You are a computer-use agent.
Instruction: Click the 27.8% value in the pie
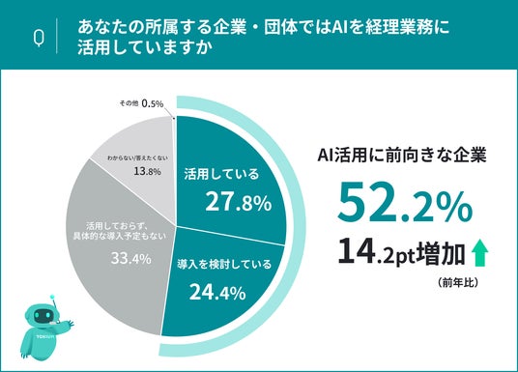point(239,202)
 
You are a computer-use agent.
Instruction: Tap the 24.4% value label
point(217,293)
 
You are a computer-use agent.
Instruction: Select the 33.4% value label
point(131,258)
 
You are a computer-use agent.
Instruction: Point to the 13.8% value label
point(147,171)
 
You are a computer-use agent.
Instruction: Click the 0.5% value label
point(153,103)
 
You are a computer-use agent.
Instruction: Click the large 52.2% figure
point(405,206)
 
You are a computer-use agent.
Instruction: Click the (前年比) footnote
point(457,283)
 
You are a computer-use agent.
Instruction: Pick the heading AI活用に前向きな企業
point(402,155)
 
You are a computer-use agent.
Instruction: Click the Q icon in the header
point(39,38)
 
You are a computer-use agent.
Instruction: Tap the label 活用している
point(221,174)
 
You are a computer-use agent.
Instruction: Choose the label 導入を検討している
point(224,265)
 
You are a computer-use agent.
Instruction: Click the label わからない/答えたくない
point(137,158)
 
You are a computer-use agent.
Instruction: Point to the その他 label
point(129,103)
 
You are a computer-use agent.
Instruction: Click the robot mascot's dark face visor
point(42,316)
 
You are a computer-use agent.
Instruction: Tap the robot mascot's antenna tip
point(51,297)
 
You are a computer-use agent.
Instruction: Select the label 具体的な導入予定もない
point(119,236)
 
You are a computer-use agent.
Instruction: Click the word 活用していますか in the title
point(145,48)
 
